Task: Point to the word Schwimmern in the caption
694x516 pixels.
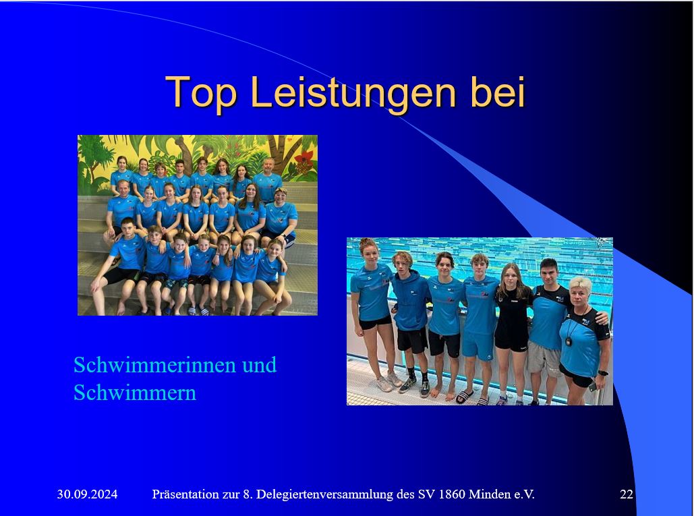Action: pyautogui.click(x=134, y=392)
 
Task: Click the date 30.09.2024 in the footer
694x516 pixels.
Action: pyautogui.click(x=87, y=494)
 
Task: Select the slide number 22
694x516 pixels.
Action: pyautogui.click(x=627, y=494)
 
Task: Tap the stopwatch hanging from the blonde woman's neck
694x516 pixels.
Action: pyautogui.click(x=569, y=341)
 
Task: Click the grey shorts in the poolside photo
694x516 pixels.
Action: pyautogui.click(x=544, y=356)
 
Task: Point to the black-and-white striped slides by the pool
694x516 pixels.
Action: pyautogui.click(x=464, y=397)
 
